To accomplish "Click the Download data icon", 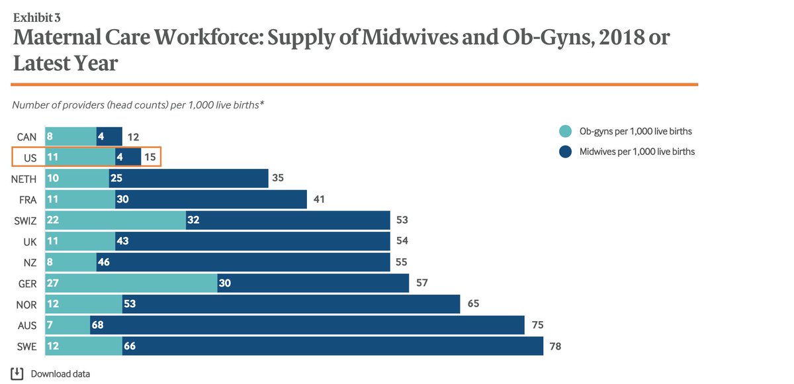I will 17,373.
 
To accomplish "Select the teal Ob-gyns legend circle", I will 564,131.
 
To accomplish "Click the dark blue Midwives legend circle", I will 564,152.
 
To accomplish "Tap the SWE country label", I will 27,346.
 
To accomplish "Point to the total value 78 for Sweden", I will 555,346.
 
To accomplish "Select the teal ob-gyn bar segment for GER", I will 131,283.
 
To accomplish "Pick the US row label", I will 30,158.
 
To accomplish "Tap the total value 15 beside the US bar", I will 150,158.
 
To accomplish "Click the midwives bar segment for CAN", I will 109,137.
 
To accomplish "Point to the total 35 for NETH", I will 278,179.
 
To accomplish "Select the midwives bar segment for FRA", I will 211,200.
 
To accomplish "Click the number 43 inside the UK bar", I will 122,242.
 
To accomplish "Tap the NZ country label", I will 30,263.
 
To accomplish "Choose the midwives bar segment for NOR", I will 291,304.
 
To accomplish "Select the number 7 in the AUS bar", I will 49,324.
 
